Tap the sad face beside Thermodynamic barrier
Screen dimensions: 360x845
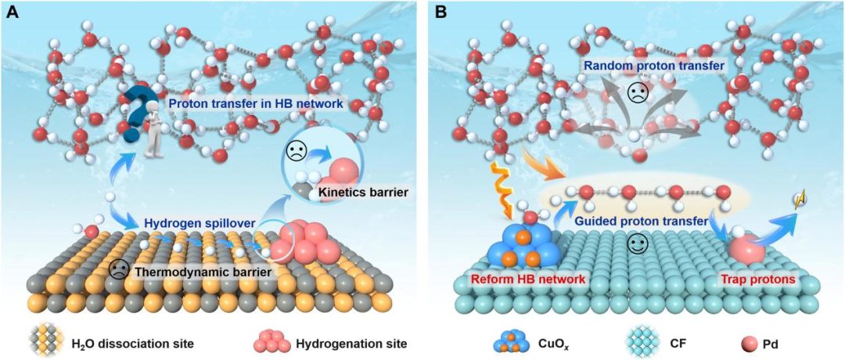coord(119,269)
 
